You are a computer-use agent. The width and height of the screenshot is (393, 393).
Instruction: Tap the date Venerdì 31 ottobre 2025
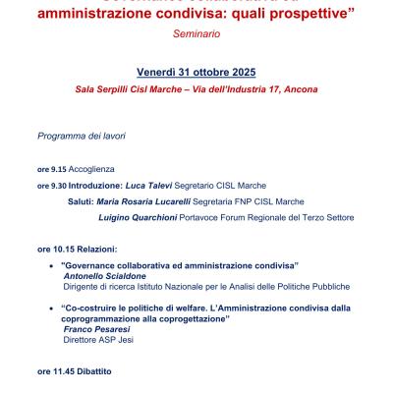(196, 73)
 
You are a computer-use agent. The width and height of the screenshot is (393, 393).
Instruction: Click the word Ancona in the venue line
(298, 89)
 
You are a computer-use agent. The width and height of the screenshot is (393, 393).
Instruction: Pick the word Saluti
(81, 200)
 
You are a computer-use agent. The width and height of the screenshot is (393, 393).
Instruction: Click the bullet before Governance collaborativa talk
(50, 266)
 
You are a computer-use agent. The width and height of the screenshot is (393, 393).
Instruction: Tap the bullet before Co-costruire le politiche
(50, 308)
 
